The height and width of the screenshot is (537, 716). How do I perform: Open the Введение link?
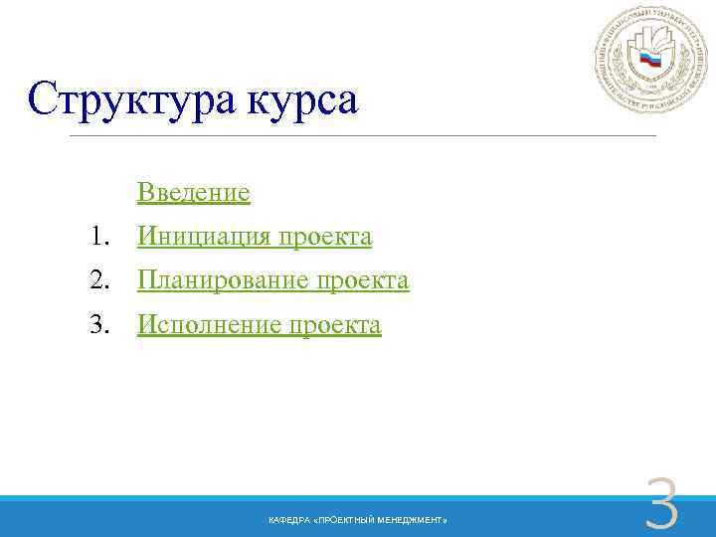pos(194,191)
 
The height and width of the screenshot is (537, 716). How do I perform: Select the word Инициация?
pos(204,237)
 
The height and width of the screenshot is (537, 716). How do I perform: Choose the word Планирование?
pos(224,281)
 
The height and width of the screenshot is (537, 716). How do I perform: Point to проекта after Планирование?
pos(362,281)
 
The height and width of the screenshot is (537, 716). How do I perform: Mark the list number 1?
pos(96,237)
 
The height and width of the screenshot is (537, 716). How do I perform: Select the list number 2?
pos(96,281)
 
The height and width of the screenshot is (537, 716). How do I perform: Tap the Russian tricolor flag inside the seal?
pos(650,62)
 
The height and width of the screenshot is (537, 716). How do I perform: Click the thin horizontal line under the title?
pos(363,135)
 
